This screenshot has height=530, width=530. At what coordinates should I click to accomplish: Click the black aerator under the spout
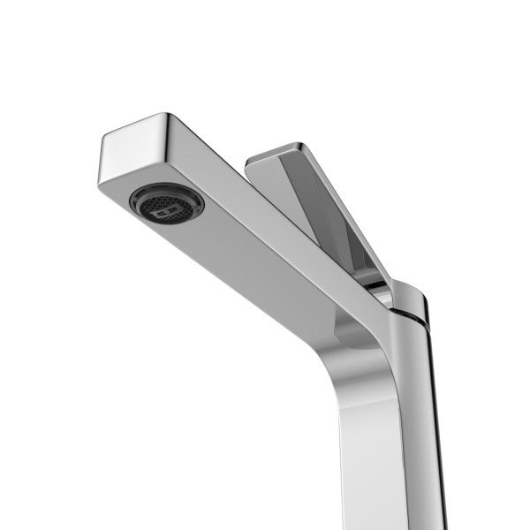click(167, 202)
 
